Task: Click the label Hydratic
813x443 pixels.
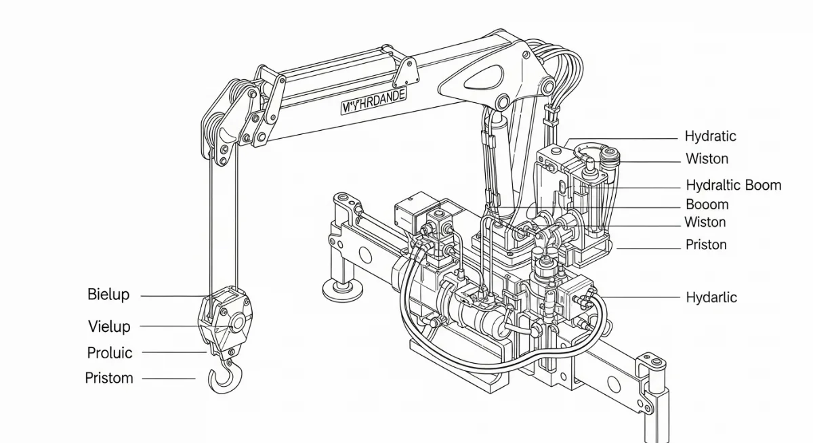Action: [710, 136]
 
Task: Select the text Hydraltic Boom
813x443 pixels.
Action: [733, 185]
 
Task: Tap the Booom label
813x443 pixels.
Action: [707, 205]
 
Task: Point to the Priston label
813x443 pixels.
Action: [706, 245]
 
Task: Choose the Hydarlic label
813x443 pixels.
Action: [711, 297]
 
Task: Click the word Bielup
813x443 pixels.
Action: [108, 295]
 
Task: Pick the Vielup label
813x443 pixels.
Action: [109, 326]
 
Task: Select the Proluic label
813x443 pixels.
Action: [110, 353]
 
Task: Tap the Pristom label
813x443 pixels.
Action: [109, 378]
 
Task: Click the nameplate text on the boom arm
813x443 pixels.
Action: [374, 100]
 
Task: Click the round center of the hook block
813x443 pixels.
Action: [236, 324]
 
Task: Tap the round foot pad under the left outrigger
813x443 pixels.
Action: [341, 292]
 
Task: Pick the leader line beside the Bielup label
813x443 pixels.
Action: [173, 296]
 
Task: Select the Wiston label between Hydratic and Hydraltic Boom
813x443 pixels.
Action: [707, 159]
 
